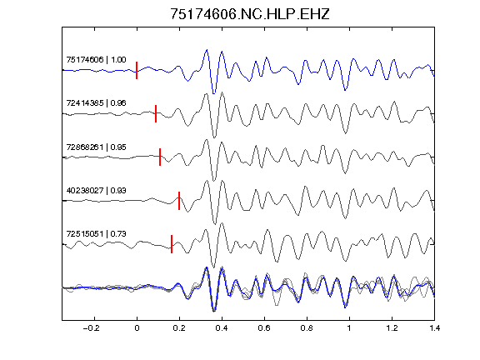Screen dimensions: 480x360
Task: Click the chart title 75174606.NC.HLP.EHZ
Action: click(250, 14)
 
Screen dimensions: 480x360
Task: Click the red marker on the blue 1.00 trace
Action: click(137, 70)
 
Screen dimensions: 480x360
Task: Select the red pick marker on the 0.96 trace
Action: click(156, 113)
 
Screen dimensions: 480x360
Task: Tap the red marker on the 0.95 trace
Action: click(160, 157)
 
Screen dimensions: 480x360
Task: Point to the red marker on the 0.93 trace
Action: click(179, 201)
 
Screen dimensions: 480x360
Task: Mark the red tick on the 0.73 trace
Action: click(172, 244)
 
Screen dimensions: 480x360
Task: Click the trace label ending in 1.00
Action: click(96, 59)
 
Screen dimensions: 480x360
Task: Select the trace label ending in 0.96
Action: click(96, 102)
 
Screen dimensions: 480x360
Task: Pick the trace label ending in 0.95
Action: click(96, 147)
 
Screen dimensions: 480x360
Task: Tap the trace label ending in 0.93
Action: click(96, 190)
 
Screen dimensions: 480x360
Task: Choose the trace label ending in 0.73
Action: click(96, 234)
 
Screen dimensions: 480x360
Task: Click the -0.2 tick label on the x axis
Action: click(92, 328)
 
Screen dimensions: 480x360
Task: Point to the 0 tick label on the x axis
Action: click(137, 328)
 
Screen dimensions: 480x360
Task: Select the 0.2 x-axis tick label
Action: click(179, 328)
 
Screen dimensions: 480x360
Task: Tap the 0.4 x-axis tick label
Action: click(222, 328)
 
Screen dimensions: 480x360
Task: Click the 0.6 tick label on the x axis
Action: click(264, 328)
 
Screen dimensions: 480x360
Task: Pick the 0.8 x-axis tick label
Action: click(307, 328)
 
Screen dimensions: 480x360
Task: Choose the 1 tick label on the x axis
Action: click(349, 328)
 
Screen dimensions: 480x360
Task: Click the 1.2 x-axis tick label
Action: click(392, 328)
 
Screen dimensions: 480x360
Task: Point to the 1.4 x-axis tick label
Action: click(434, 328)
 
